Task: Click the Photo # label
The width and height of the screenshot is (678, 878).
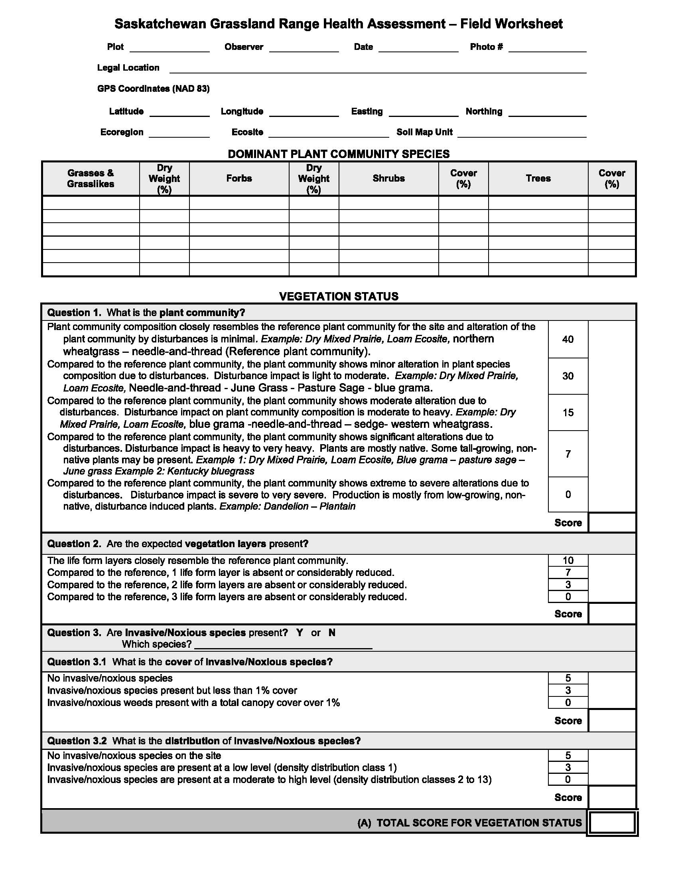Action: (x=486, y=47)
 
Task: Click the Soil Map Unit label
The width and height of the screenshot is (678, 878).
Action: (x=424, y=132)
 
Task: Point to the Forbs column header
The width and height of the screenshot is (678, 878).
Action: (x=239, y=178)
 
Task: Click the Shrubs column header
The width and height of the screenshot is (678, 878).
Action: (x=388, y=178)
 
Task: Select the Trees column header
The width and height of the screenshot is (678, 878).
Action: (x=538, y=178)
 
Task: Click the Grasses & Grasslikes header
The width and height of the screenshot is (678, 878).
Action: (x=91, y=178)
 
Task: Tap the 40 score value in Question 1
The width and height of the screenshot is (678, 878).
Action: (x=568, y=339)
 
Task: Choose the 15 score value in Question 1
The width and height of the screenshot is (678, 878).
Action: (x=568, y=413)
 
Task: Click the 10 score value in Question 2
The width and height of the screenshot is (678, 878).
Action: (x=568, y=560)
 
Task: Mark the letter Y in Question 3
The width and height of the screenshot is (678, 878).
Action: (x=299, y=633)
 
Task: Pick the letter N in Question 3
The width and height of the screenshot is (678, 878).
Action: (x=331, y=633)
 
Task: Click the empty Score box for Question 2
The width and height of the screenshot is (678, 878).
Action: (x=612, y=614)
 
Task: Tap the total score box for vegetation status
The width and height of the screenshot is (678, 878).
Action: (x=612, y=823)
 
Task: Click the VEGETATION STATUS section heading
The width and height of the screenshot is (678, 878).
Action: (x=339, y=296)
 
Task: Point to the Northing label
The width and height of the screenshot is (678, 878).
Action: (x=484, y=111)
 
